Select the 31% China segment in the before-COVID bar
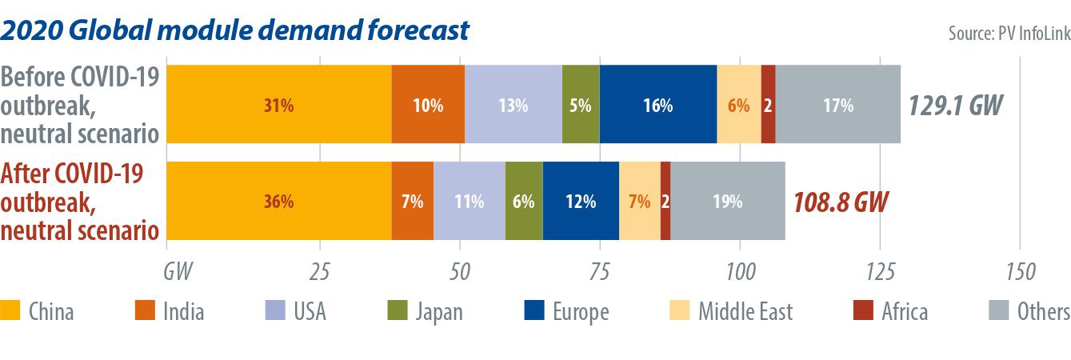click(x=278, y=105)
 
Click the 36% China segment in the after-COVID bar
click(x=278, y=202)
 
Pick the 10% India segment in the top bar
click(x=428, y=105)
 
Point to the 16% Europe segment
click(x=657, y=105)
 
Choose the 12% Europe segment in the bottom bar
click(x=581, y=202)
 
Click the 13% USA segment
click(x=513, y=105)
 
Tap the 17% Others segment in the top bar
click(x=838, y=105)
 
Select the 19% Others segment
click(x=727, y=202)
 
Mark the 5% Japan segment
click(x=581, y=105)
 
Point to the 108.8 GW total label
click(x=841, y=202)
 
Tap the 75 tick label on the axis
click(x=600, y=270)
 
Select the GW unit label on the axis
click(x=178, y=270)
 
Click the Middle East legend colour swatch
click(x=669, y=311)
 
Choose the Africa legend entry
click(x=904, y=311)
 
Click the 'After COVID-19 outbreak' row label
click(x=80, y=202)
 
